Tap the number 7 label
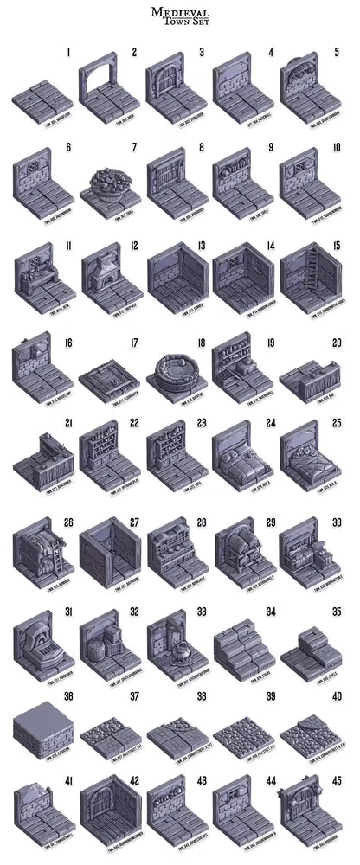coord(134,148)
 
